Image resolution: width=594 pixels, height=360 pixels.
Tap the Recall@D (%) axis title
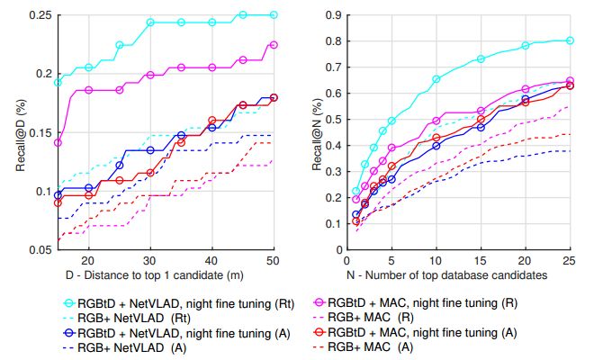pyautogui.click(x=13, y=132)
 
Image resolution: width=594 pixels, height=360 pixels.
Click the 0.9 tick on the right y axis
pyautogui.click(x=335, y=15)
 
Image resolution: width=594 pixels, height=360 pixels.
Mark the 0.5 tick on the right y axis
pyautogui.click(x=335, y=119)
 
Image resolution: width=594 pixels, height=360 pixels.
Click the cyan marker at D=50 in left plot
pyautogui.click(x=274, y=15)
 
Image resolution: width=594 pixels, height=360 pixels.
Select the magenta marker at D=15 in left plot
pyautogui.click(x=58, y=142)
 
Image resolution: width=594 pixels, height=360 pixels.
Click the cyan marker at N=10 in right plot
pyautogui.click(x=436, y=79)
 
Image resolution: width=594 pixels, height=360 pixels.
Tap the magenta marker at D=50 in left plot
pyautogui.click(x=274, y=44)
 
